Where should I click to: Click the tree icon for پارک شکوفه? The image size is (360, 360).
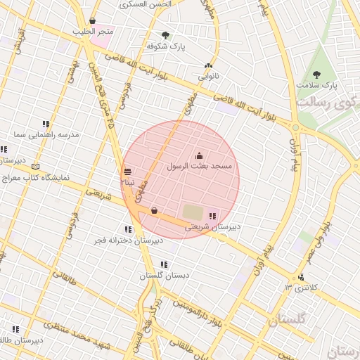click(x=166, y=34)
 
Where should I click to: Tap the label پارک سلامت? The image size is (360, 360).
click(x=316, y=84)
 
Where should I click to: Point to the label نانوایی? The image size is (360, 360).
click(x=207, y=75)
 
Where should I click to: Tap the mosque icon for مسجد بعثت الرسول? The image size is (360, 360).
click(x=199, y=156)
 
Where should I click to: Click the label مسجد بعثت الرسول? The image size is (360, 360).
click(x=199, y=167)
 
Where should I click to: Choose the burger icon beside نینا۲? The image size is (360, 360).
click(x=127, y=172)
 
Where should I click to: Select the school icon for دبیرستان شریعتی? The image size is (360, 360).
click(x=213, y=216)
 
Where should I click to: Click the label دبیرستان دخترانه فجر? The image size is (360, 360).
click(x=129, y=240)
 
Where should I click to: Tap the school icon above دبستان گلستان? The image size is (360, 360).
click(x=164, y=264)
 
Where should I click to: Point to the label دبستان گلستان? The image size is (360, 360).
click(x=164, y=276)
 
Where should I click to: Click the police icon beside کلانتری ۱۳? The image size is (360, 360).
click(x=302, y=277)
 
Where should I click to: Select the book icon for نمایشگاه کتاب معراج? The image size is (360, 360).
click(x=36, y=167)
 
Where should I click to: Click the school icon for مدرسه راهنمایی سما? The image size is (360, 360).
click(x=46, y=124)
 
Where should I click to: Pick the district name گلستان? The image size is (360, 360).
click(x=286, y=320)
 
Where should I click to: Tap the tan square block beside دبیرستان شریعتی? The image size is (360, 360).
click(x=192, y=211)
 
